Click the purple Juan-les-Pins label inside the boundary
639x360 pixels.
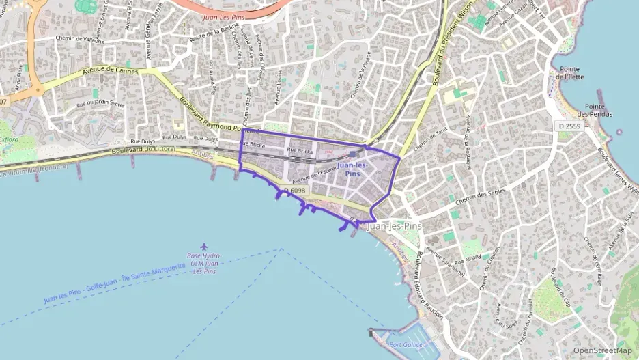(352, 169)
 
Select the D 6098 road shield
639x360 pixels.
(294, 191)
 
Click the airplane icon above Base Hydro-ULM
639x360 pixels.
(203, 246)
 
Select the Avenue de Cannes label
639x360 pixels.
(110, 70)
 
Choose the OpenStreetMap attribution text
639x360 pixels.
(602, 350)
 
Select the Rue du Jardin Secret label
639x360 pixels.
(100, 104)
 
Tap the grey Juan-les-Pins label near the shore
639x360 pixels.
(394, 226)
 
